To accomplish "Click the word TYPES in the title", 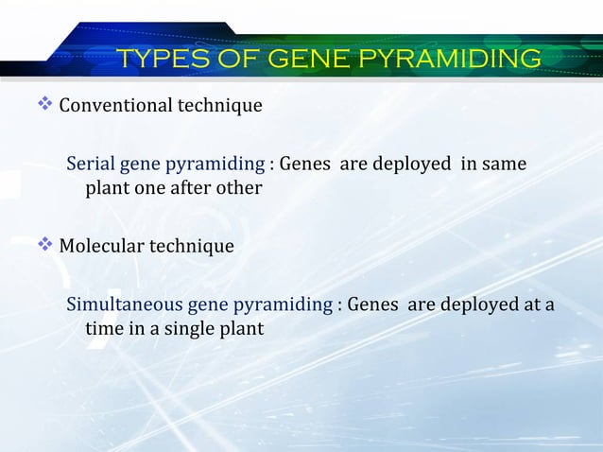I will [160, 59].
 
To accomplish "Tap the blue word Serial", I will [90, 165].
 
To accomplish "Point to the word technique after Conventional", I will [217, 105].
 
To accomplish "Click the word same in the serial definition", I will [504, 165].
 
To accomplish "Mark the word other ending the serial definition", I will [237, 188].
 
